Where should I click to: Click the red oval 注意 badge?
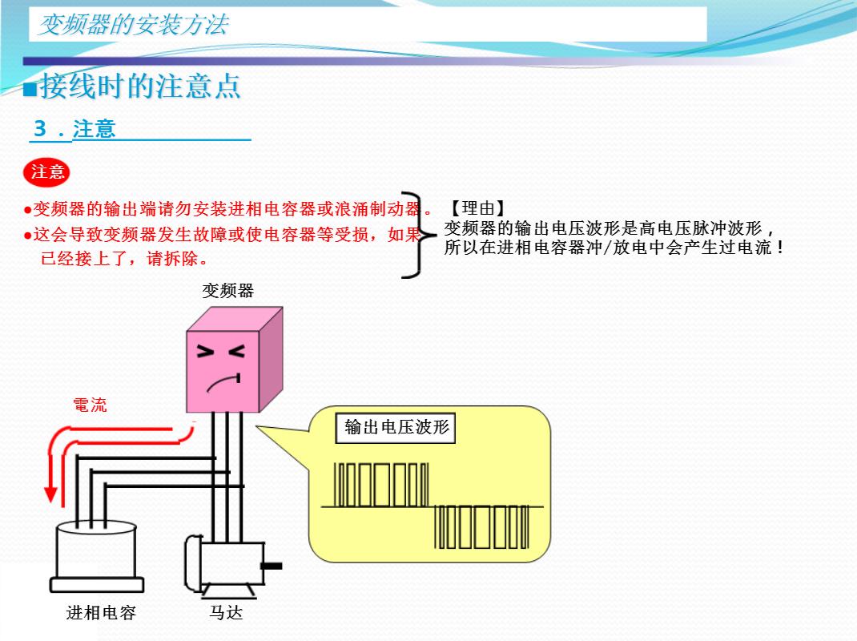[x=47, y=171]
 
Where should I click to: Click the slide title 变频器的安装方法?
[x=133, y=25]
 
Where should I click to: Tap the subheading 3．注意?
[x=74, y=129]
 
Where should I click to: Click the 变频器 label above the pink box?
[x=227, y=291]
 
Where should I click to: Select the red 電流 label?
[x=90, y=405]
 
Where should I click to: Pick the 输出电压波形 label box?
[x=396, y=427]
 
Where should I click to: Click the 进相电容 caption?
[x=101, y=613]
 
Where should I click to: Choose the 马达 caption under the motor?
[x=226, y=613]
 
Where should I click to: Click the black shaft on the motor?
[x=272, y=566]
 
